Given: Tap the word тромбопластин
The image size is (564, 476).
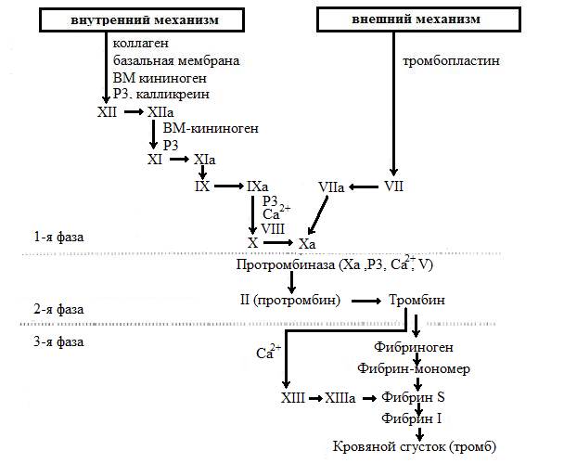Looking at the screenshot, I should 449,62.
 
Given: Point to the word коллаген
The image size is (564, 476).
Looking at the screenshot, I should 140,44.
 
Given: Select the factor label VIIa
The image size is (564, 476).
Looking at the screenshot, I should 330,187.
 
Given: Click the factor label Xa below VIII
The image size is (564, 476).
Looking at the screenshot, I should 308,242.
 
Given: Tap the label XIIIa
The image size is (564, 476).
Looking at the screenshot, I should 339,397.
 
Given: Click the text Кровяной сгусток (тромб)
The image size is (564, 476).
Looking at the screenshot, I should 415,447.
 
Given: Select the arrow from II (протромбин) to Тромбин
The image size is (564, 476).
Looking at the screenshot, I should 366,302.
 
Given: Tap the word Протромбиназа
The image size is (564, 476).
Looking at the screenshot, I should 279,265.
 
